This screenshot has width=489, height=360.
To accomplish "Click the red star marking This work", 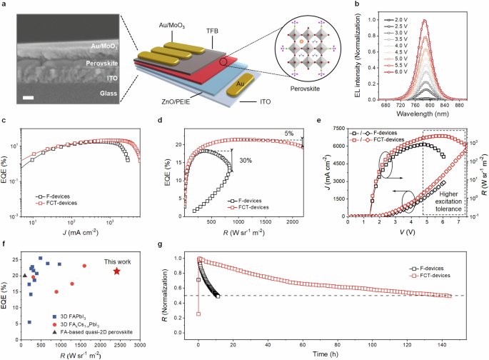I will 116,271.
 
